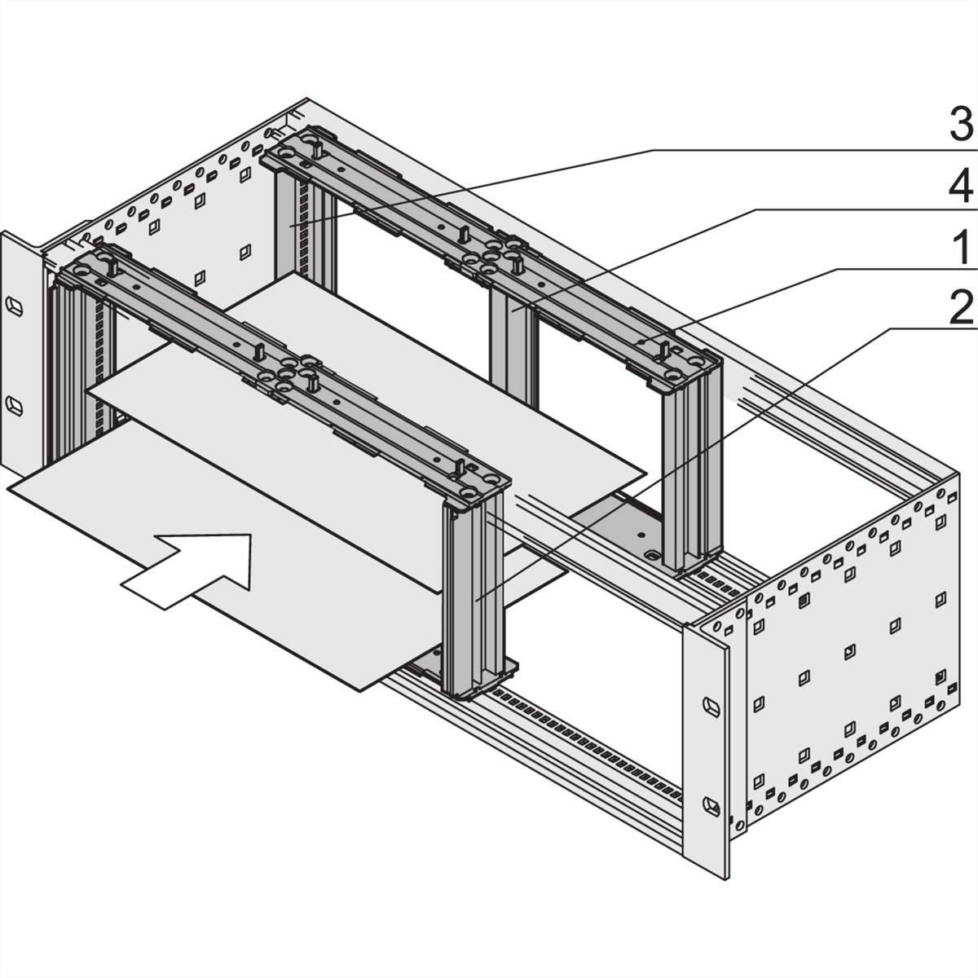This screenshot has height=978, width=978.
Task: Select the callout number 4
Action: tap(961, 187)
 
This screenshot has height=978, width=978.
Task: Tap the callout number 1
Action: tap(963, 248)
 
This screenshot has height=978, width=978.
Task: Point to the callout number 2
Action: tap(962, 309)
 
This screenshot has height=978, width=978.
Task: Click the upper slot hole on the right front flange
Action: tap(710, 704)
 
